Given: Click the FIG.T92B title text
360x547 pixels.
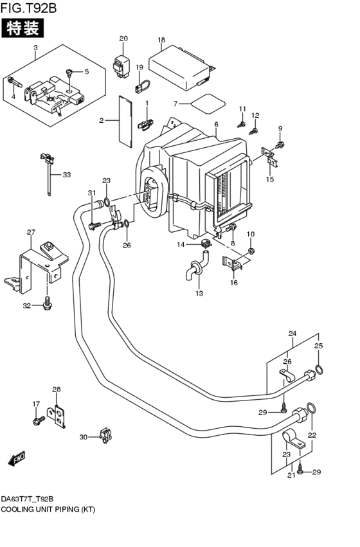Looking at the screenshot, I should [30, 8].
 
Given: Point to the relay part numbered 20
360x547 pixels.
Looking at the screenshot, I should [122, 64].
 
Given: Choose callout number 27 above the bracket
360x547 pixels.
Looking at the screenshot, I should [30, 232].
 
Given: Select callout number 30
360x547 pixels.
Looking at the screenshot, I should [83, 437].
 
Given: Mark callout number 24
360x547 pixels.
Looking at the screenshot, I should [292, 334].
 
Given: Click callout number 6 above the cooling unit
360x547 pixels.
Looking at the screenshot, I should [217, 125].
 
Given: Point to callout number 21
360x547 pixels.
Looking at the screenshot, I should [290, 475].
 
